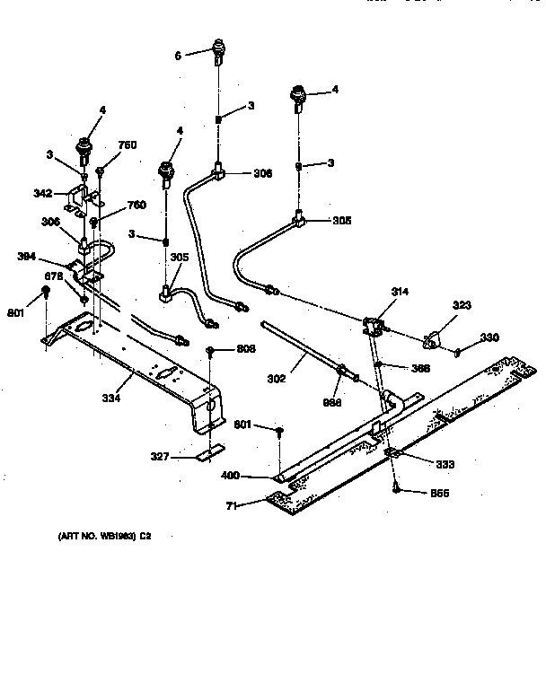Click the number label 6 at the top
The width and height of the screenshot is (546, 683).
[178, 56]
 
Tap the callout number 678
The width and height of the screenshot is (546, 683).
[56, 277]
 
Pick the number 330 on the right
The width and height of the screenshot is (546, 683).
[489, 337]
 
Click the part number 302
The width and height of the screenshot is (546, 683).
[276, 379]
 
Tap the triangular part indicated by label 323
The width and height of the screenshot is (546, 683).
[432, 337]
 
